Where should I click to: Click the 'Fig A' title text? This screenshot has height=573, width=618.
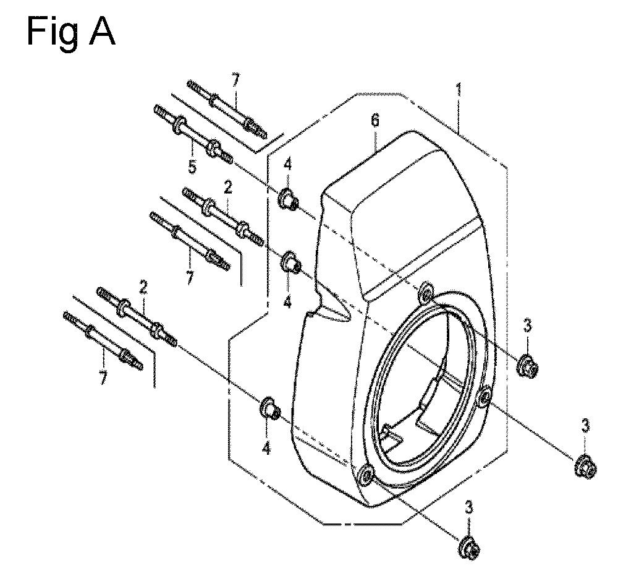tap(71, 32)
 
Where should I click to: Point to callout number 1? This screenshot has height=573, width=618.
tap(459, 90)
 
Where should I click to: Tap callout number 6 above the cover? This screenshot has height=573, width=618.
tap(375, 120)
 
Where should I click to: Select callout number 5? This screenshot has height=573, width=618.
tap(192, 166)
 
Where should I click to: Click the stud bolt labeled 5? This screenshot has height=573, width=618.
tap(192, 133)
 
